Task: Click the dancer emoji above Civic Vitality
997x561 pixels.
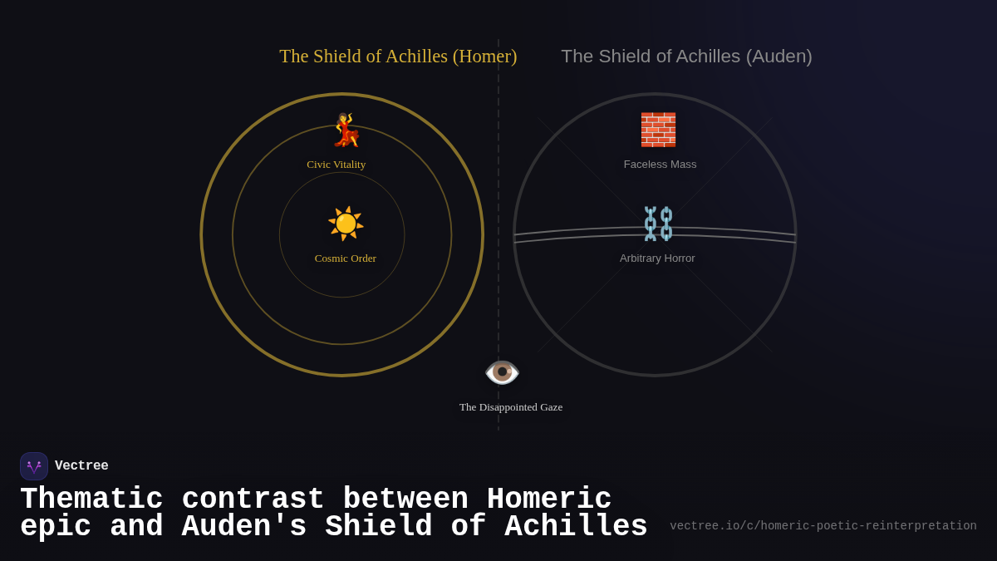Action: (x=346, y=130)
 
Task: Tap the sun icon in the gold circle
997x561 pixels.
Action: (x=346, y=224)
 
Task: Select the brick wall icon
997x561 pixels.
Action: (x=658, y=130)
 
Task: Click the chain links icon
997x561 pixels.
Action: (x=658, y=224)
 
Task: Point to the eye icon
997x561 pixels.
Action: (x=502, y=372)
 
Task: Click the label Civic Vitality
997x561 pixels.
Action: (x=336, y=165)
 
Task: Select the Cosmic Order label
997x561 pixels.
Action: (x=346, y=258)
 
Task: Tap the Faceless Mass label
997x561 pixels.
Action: (x=661, y=165)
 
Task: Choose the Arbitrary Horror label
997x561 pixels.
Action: (x=657, y=258)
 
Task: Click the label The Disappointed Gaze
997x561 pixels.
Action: (x=511, y=407)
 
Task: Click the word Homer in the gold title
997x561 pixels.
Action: (x=484, y=57)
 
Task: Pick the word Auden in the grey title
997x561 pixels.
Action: (x=778, y=57)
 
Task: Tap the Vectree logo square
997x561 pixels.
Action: (x=34, y=466)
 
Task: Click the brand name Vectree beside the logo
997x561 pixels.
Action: (x=81, y=466)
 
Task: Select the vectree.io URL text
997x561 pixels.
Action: (x=823, y=526)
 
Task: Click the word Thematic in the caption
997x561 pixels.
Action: (x=91, y=499)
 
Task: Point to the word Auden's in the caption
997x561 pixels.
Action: (x=244, y=527)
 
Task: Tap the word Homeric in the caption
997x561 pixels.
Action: (x=549, y=499)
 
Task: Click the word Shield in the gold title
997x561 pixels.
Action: (x=337, y=57)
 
